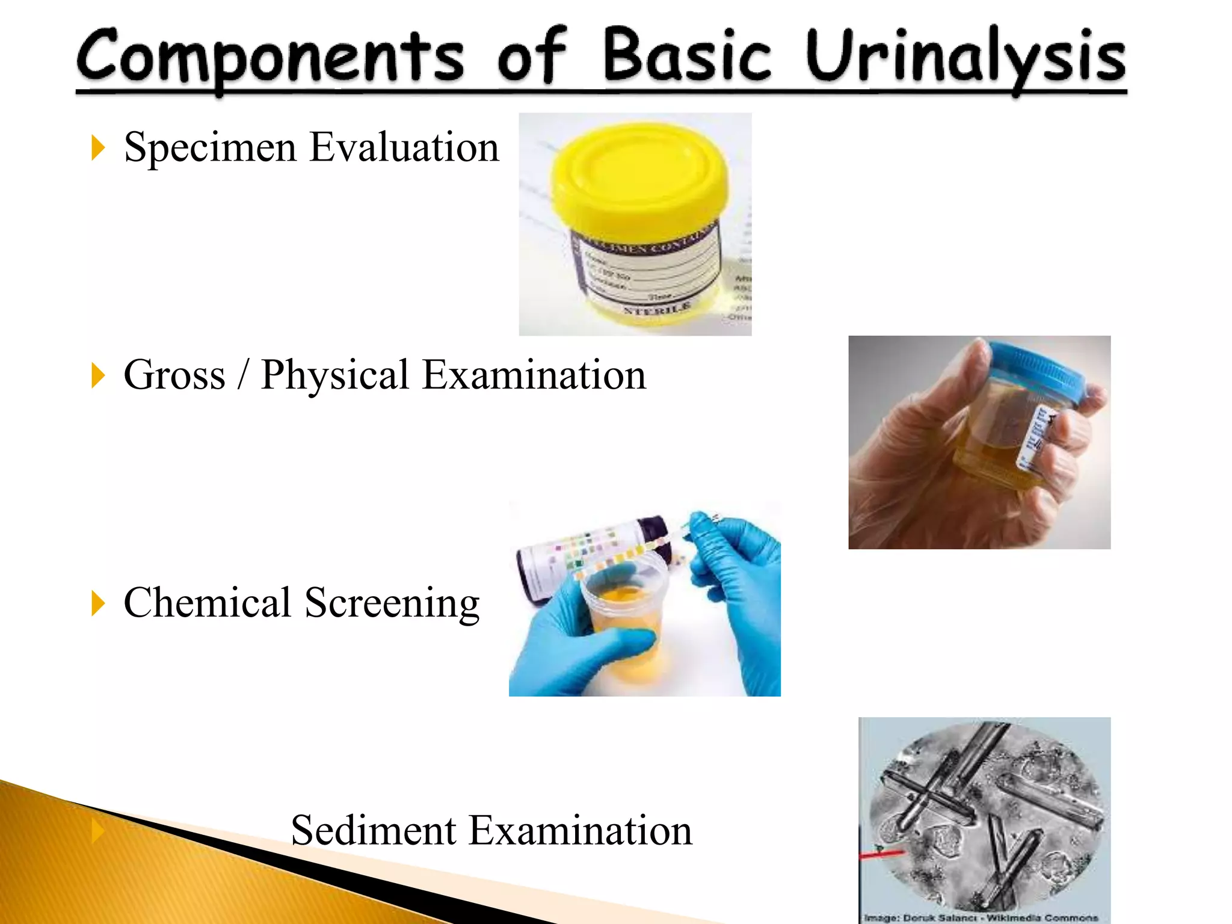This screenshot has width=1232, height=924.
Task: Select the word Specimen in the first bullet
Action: pos(210,148)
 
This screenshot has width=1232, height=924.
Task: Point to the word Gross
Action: pos(174,375)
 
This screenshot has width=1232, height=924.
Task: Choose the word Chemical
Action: pos(208,603)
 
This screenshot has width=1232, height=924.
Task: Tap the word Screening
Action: pos(392,603)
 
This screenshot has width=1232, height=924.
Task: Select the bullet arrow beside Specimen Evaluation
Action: pos(98,148)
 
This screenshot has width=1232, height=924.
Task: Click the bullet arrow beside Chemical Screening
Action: pos(98,603)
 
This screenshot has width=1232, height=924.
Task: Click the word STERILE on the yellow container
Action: pos(657,309)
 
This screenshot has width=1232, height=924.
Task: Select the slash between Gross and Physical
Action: pos(243,375)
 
